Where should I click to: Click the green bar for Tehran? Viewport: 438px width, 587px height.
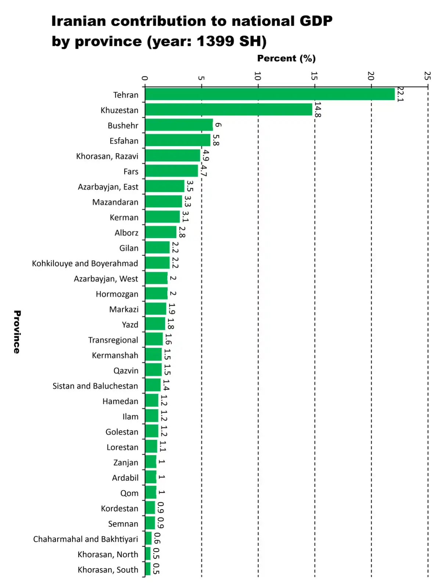270,94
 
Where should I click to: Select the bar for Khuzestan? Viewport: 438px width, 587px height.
229,110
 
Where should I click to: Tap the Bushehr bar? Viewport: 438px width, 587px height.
179,125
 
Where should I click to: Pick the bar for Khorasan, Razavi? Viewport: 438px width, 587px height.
172,156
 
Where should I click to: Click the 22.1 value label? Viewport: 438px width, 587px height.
400,95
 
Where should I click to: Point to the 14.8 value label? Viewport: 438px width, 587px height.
317,110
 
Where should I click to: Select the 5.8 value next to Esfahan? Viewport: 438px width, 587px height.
216,140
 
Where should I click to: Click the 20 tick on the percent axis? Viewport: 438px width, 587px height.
371,76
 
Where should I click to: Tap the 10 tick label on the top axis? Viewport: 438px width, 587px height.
258,76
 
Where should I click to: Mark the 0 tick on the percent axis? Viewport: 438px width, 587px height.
145,78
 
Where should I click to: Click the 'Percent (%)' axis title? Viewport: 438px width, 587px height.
286,58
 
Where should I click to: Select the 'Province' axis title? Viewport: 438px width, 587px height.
17,332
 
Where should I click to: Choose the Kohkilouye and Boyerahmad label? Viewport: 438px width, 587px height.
85,263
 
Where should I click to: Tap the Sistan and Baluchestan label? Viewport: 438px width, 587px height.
95,386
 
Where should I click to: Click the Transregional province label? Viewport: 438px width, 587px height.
113,340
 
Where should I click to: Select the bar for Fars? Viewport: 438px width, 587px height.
171,171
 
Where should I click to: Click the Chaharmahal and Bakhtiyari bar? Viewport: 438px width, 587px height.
148,538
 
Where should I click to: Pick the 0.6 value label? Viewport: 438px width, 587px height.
157,538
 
